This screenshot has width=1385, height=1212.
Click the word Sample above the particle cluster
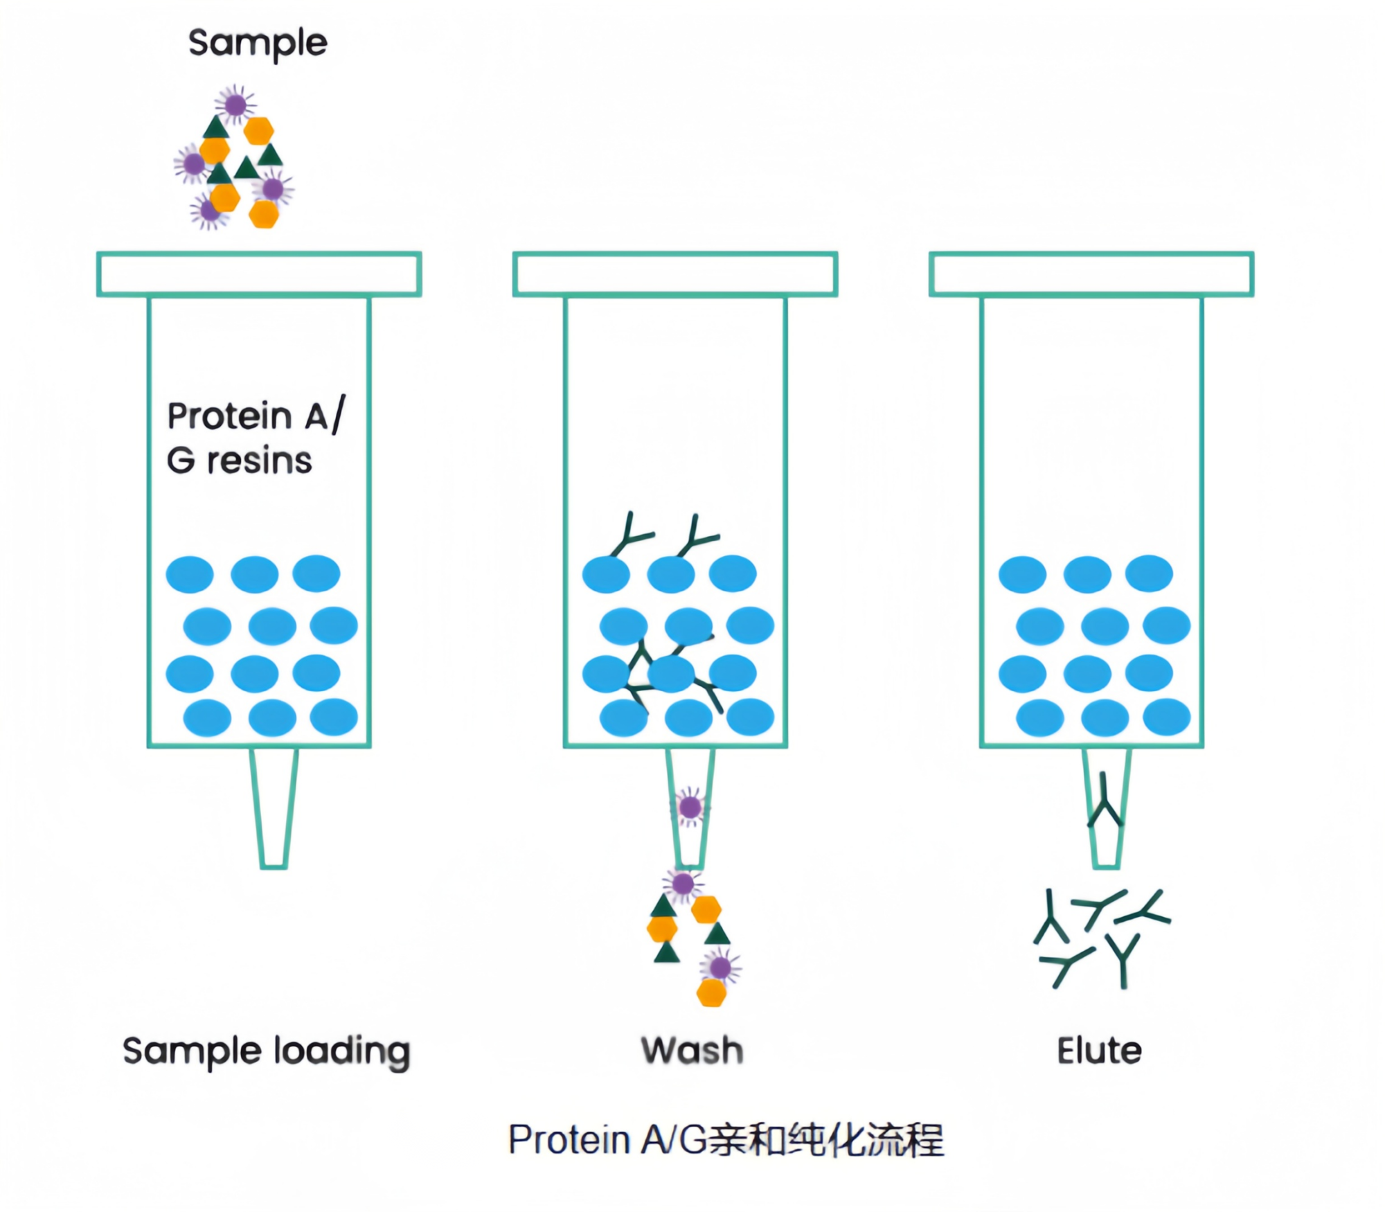(258, 43)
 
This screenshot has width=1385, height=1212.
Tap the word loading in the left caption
(342, 1051)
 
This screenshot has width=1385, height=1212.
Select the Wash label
(692, 1050)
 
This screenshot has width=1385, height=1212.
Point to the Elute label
(1099, 1050)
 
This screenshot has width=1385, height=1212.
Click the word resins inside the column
(260, 461)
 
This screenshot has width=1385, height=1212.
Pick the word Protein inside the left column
(230, 416)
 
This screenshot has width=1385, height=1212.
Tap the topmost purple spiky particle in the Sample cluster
(235, 105)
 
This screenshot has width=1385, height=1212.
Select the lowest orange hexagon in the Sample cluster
(263, 214)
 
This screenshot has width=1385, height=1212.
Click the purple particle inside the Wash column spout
(690, 807)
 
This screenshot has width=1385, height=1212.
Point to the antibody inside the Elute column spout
(1105, 803)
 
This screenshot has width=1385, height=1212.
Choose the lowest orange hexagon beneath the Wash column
(711, 992)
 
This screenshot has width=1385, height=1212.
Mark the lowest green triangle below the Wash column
(667, 952)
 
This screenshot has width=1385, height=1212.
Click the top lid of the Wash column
(675, 274)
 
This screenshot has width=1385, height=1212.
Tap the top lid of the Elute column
(1091, 274)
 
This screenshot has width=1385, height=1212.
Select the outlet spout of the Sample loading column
(274, 807)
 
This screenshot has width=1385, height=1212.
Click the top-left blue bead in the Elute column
(1022, 574)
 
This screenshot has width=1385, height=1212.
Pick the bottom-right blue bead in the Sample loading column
(334, 716)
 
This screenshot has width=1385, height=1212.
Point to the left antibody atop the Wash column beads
(630, 537)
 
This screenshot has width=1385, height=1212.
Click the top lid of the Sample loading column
(259, 274)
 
